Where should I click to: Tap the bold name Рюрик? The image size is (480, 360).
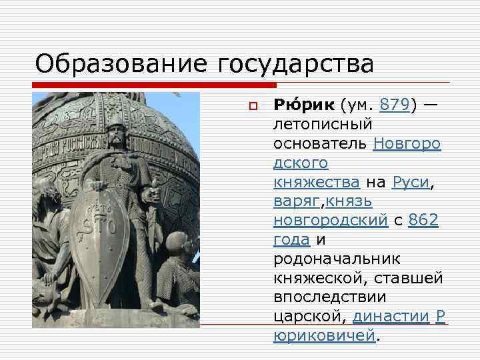pos(305,105)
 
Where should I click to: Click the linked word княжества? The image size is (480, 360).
pos(317,181)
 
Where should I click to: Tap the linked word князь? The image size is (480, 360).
pos(349,201)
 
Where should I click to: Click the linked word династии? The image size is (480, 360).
pos(390,316)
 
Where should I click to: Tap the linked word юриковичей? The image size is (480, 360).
pos(325,335)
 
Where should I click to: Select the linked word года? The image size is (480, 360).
pos(291,239)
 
